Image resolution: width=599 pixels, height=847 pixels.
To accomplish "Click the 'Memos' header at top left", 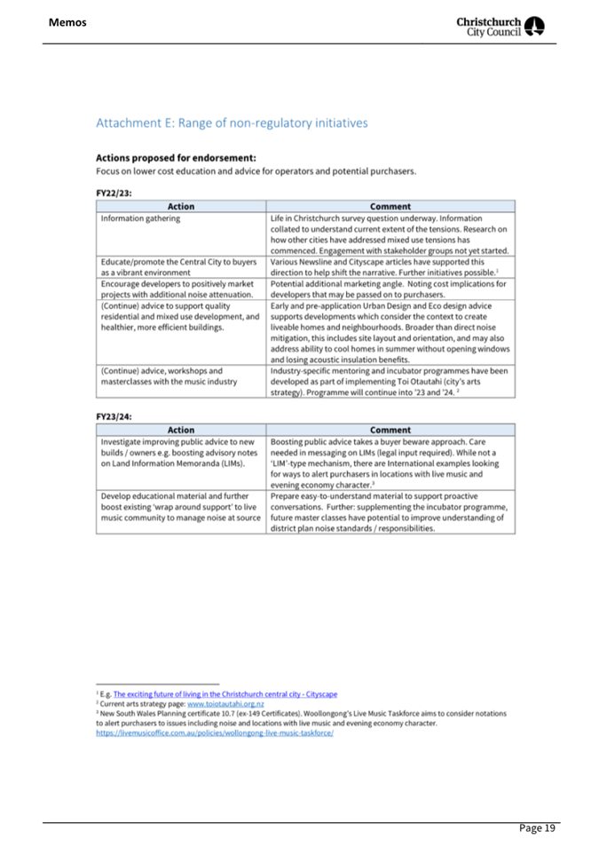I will click(67, 21).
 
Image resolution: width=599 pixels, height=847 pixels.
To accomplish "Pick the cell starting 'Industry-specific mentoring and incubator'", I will click(390, 381).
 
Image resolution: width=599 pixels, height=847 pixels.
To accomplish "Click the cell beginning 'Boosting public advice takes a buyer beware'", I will click(390, 467).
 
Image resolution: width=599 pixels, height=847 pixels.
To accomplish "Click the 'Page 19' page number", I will click(537, 827).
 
